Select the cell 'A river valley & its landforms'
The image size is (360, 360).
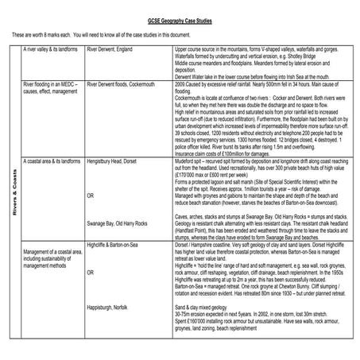pos(49,50)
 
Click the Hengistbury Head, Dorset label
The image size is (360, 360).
pos(116,161)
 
